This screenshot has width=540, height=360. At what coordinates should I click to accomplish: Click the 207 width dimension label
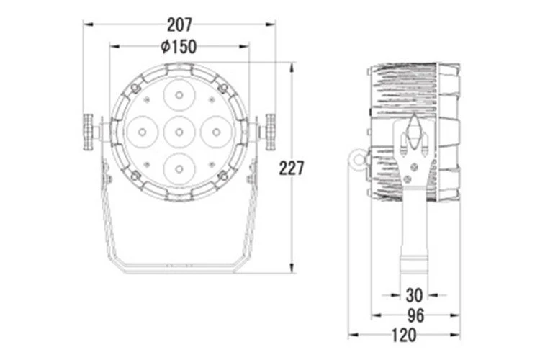(179, 24)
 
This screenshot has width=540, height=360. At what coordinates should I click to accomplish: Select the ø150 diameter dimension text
(179, 47)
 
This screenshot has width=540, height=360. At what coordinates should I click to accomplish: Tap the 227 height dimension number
(292, 168)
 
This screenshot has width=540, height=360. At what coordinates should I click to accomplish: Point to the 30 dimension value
(414, 295)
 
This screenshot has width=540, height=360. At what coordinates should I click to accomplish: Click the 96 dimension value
(415, 315)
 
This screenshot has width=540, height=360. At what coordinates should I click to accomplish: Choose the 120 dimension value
(405, 335)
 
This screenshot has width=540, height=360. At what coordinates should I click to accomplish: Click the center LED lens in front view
(179, 132)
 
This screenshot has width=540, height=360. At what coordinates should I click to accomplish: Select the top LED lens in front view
(179, 95)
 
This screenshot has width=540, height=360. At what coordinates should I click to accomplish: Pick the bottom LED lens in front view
(179, 168)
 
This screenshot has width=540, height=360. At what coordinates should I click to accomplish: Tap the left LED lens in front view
(142, 132)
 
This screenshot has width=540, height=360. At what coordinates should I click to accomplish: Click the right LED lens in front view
(216, 132)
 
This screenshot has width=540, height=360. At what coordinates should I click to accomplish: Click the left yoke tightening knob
(89, 132)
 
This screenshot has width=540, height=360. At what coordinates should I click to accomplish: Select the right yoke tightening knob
(270, 132)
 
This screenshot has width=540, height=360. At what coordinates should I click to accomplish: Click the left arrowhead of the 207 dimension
(88, 24)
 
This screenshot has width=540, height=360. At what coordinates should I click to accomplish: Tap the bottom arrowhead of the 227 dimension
(292, 268)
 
